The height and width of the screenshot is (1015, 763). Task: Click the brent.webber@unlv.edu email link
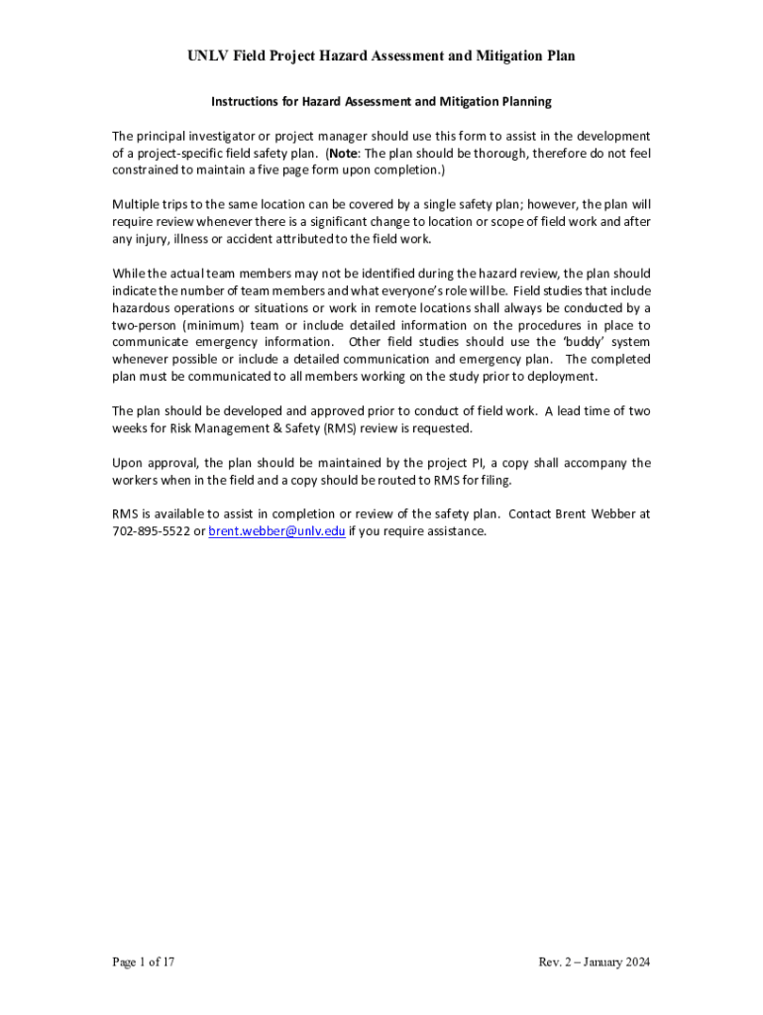click(x=276, y=531)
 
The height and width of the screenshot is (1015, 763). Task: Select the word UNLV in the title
click(x=208, y=56)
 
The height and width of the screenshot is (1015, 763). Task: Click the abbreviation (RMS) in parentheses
click(x=342, y=428)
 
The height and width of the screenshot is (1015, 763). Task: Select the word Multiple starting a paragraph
click(x=137, y=205)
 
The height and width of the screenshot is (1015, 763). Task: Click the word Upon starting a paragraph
click(x=128, y=463)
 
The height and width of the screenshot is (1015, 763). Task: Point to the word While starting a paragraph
click(x=129, y=274)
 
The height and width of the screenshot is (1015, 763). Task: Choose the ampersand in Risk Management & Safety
click(x=258, y=428)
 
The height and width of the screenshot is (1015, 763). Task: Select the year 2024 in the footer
click(x=634, y=961)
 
